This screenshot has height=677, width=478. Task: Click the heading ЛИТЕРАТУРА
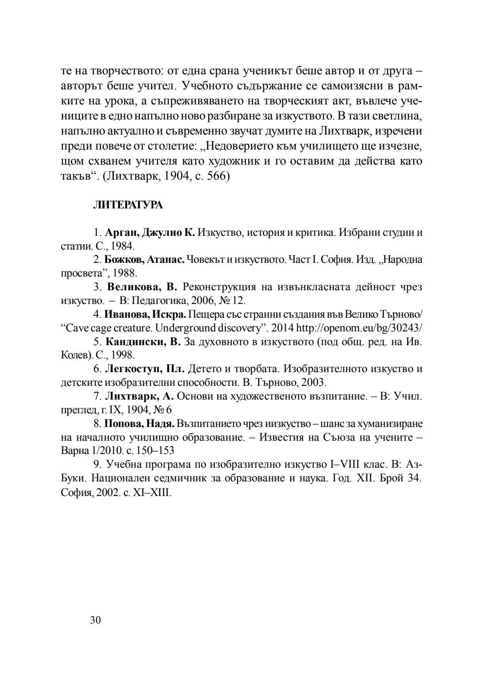pos(127,205)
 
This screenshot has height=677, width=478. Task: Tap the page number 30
pos(96,620)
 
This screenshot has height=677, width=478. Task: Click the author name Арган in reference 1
pos(121,232)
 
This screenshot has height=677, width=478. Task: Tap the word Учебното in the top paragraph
pos(214,85)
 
